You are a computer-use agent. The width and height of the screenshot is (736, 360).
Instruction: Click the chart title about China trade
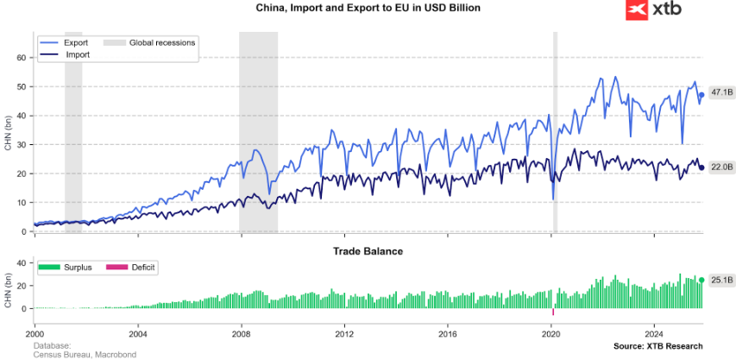point(368,8)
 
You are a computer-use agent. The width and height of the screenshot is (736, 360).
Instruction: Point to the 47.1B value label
point(721,93)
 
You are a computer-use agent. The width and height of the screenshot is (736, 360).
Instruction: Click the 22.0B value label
point(721,167)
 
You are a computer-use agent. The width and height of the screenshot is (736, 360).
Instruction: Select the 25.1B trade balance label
point(721,280)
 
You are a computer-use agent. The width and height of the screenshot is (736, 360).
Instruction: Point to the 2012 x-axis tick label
point(344,332)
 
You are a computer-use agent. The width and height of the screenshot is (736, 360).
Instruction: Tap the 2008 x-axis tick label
point(241,332)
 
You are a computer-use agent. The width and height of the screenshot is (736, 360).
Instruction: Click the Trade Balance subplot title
point(368,251)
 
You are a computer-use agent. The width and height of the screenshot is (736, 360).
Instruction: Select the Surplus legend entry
point(72,268)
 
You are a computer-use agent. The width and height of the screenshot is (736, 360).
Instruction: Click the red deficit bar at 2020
point(553,312)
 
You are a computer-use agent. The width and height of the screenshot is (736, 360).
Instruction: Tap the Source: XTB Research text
point(657,346)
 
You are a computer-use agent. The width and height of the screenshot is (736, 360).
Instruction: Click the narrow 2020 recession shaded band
point(555,129)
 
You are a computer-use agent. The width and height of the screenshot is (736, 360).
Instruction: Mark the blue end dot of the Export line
point(702,94)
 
